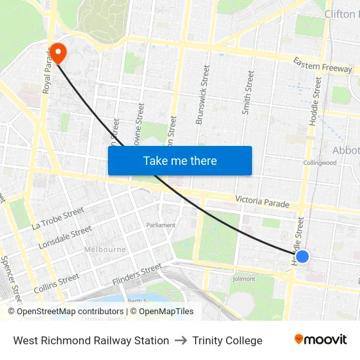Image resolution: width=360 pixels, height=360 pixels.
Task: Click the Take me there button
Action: pyautogui.click(x=180, y=160)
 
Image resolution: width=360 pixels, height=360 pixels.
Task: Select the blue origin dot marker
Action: pyautogui.click(x=302, y=257)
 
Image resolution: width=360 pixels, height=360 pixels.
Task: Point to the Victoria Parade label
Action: pyautogui.click(x=262, y=201)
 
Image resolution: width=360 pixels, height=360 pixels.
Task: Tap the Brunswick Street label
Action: pyautogui.click(x=203, y=94)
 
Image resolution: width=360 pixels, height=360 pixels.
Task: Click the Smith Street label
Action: pyautogui.click(x=247, y=92)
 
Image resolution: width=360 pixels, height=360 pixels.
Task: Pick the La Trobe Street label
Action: pyautogui.click(x=58, y=219)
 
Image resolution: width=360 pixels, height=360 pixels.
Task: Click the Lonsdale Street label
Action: pyautogui.click(x=65, y=237)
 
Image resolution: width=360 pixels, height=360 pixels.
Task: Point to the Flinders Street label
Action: pyautogui.click(x=136, y=274)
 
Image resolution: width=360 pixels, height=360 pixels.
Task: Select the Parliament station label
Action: pyautogui.click(x=161, y=225)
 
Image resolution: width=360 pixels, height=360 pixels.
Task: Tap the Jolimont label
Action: pyautogui.click(x=245, y=278)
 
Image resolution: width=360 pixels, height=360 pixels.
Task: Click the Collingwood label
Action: pyautogui.click(x=319, y=163)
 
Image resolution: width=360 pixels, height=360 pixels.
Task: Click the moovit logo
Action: pyautogui.click(x=321, y=339)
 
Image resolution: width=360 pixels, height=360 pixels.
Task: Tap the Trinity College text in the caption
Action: pyautogui.click(x=227, y=340)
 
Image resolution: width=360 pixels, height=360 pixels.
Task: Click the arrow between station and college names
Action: pyautogui.click(x=181, y=340)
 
